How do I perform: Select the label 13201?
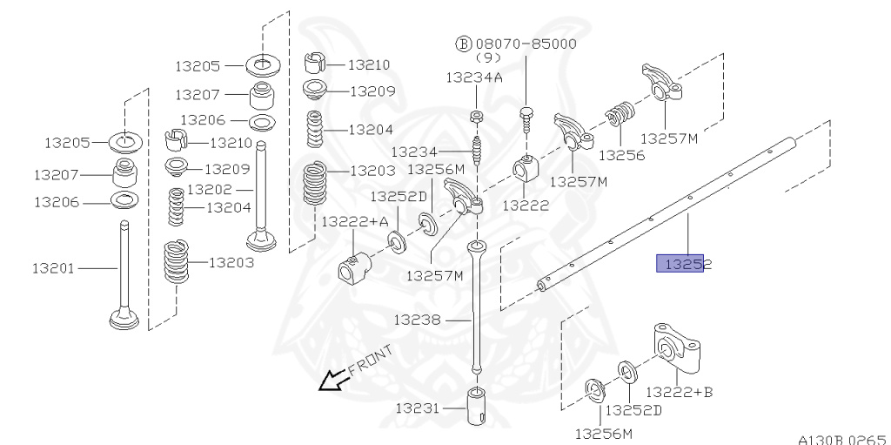(54, 268)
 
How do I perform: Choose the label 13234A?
(474, 77)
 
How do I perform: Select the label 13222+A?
(355, 222)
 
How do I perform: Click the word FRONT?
(371, 360)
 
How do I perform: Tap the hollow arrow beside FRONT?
(331, 380)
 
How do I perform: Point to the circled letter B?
(464, 44)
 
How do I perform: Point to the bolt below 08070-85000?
(526, 117)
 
